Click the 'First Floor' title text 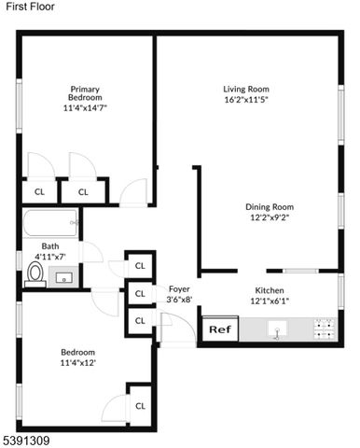tap(29, 7)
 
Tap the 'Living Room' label tap(246, 89)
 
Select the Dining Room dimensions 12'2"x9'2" tap(269, 219)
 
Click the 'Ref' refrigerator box tap(217, 329)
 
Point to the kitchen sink tap(278, 329)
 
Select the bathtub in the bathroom tap(51, 224)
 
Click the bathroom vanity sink tap(65, 276)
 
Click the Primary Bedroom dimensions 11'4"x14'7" tap(85, 108)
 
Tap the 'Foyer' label tap(178, 289)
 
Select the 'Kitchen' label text tap(270, 290)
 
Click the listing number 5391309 tap(25, 440)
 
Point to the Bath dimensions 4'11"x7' tap(50, 257)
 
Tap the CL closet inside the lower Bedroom tap(140, 405)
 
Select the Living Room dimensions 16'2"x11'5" tap(246, 100)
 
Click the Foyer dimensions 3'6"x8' tap(178, 301)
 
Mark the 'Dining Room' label tap(270, 207)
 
